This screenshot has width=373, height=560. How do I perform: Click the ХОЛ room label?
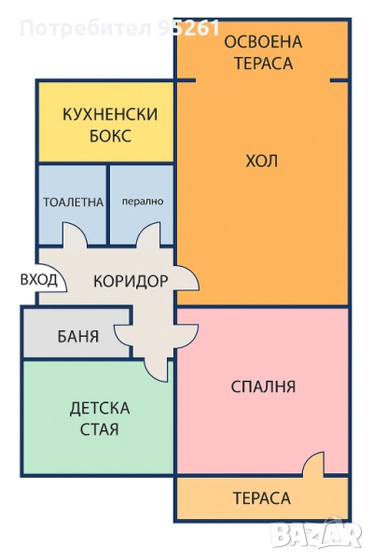point(262,161)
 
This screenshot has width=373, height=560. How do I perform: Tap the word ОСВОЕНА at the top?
point(263,42)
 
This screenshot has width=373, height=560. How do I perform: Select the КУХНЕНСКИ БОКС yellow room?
point(105,122)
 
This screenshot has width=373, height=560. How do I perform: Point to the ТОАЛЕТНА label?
point(73,203)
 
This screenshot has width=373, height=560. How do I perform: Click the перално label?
point(143,202)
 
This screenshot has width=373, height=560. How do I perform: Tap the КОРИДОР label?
point(131,281)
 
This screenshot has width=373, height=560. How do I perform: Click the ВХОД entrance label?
point(39,280)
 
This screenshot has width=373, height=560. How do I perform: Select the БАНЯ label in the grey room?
point(78,336)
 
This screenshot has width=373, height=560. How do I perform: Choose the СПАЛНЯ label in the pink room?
point(263,386)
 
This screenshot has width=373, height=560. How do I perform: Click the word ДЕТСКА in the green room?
point(100,408)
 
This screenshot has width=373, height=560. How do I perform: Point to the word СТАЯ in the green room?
point(99,429)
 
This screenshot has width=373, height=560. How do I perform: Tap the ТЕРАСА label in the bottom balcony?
point(262,498)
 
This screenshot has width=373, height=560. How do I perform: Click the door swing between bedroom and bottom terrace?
point(314,464)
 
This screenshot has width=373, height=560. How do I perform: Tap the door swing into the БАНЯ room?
point(122,336)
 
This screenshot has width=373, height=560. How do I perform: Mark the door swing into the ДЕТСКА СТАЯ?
point(156,370)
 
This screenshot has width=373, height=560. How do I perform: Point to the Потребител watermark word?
point(85,28)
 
